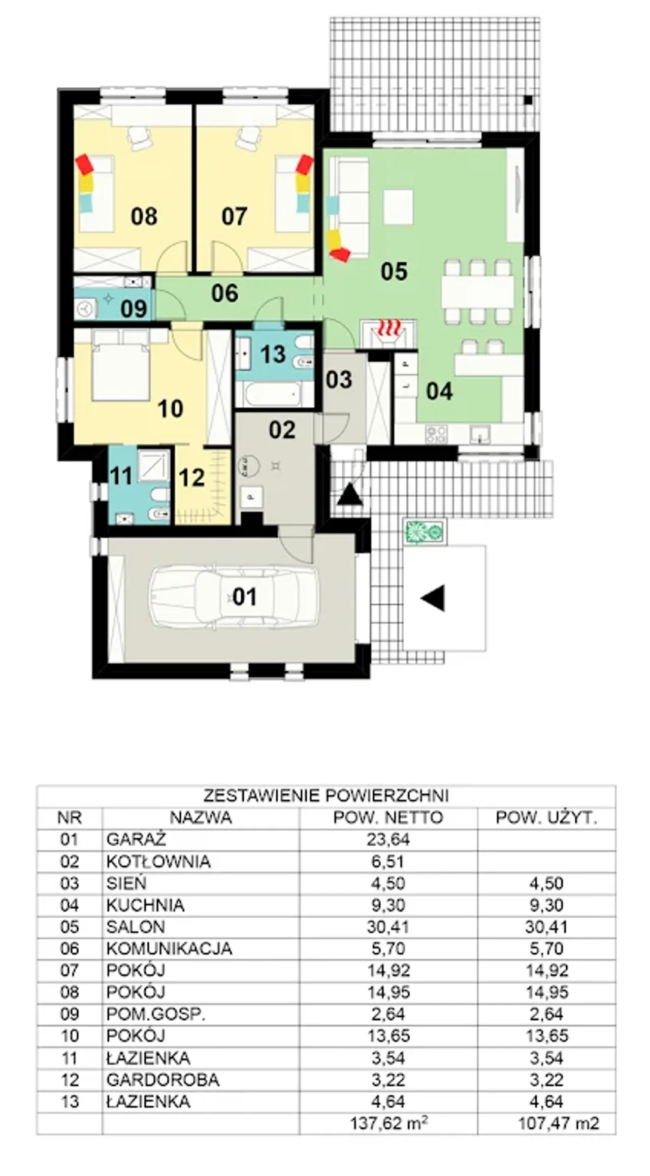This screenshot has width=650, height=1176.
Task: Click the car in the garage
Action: point(234,597)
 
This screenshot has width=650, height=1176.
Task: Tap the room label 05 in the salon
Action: point(394,271)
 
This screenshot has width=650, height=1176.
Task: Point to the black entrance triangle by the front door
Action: point(350,495)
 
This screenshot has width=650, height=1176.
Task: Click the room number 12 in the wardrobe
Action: point(191,477)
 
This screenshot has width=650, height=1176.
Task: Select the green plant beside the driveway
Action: point(425,532)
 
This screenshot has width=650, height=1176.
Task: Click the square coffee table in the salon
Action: point(398,207)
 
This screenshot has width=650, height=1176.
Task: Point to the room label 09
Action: point(134,308)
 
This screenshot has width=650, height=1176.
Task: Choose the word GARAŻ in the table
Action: point(136,840)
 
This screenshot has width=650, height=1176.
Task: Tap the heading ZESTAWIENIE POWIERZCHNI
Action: point(326,795)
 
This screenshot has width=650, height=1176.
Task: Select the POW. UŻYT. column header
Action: point(546,818)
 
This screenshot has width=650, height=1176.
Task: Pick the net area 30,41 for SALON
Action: point(388,927)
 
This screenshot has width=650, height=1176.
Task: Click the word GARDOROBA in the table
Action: point(162,1080)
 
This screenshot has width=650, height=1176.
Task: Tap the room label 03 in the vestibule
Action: point(339,379)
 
